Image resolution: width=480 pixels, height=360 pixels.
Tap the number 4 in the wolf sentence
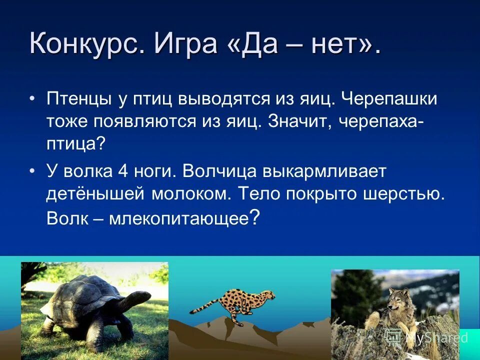122,171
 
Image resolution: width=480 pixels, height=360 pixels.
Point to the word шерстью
404,194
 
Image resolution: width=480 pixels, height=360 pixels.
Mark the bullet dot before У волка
32,171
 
